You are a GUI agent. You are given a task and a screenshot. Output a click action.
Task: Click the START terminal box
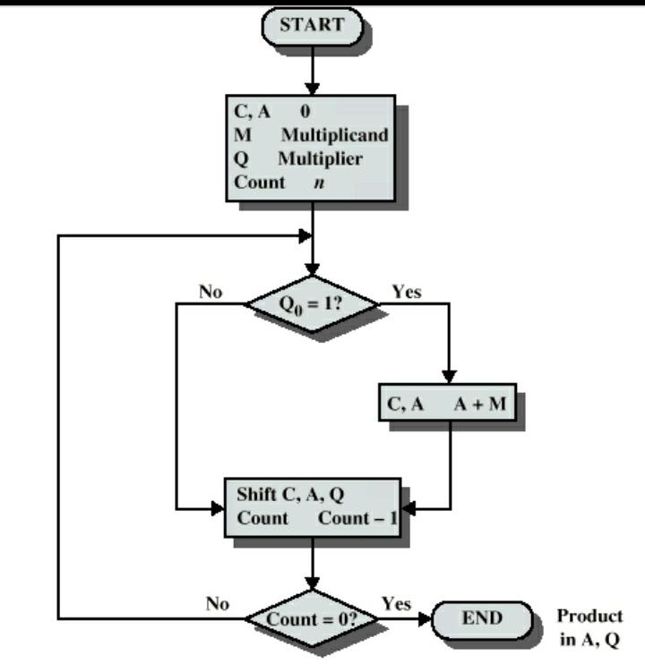click(x=311, y=26)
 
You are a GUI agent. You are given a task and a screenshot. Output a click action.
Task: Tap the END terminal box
click(x=482, y=617)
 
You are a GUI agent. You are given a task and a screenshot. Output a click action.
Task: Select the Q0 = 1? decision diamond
click(x=312, y=303)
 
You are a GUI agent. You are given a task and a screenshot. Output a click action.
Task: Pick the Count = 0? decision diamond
click(x=312, y=618)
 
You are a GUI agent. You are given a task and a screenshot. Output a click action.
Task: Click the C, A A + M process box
click(x=447, y=404)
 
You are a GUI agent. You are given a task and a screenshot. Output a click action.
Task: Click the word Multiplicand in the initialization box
click(x=334, y=136)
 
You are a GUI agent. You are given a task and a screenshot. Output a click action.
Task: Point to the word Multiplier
click(x=319, y=159)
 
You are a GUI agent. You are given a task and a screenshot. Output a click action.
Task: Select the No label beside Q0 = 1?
click(x=211, y=292)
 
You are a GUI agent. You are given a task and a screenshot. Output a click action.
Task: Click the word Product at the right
click(x=589, y=617)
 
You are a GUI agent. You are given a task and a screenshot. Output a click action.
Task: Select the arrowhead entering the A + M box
click(x=450, y=379)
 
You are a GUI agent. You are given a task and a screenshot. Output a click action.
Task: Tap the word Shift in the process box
click(x=255, y=495)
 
